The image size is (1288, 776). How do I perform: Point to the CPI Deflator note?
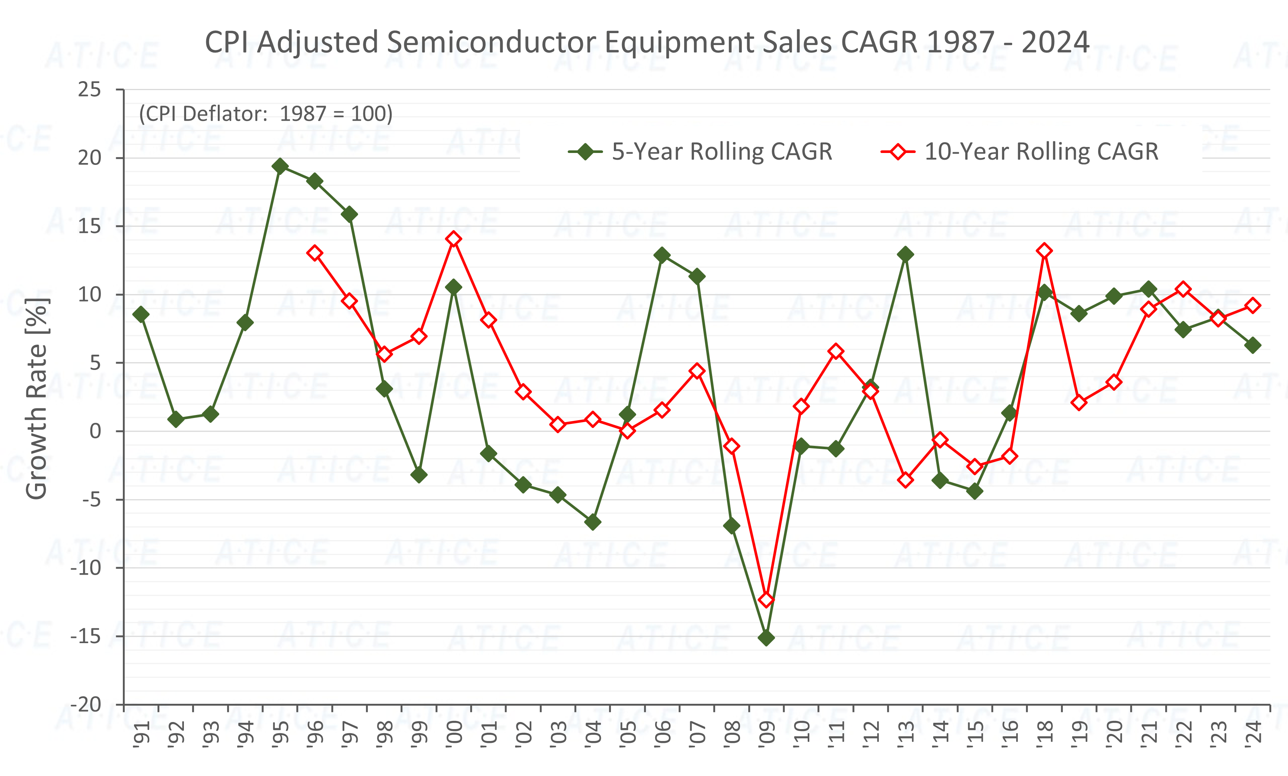[265, 114]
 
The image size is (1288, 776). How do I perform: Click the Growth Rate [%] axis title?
[36, 398]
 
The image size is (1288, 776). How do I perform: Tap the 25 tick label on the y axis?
[89, 90]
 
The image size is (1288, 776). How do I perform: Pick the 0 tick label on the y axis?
[95, 431]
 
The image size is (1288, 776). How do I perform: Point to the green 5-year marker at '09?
[766, 638]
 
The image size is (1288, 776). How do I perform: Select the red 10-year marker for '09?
[766, 599]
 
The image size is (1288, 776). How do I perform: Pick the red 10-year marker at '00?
[454, 239]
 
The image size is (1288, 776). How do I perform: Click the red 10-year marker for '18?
[1045, 251]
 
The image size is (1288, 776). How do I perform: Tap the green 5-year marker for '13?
[905, 255]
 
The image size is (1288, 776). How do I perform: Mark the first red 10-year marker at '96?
[315, 253]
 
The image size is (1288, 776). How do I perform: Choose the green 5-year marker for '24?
[1253, 345]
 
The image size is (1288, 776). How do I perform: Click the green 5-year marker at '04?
[593, 522]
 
